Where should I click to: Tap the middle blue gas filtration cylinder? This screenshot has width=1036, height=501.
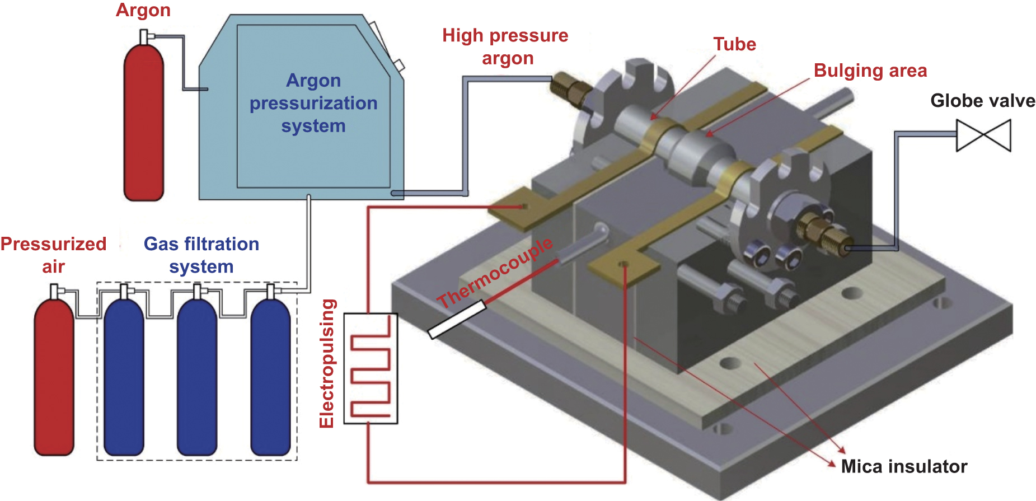pyautogui.click(x=196, y=375)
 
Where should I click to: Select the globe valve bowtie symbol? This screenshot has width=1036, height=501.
pyautogui.click(x=983, y=135)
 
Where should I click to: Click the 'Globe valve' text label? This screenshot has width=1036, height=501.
pyautogui.click(x=982, y=101)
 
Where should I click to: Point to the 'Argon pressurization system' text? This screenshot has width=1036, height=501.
pyautogui.click(x=313, y=104)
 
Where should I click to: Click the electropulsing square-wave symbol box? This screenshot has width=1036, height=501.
pyautogui.click(x=371, y=368)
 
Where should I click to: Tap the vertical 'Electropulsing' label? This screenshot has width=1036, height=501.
pyautogui.click(x=327, y=364)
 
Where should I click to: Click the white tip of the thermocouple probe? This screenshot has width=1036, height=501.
pyautogui.click(x=456, y=320)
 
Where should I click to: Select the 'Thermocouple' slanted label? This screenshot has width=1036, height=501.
pyautogui.click(x=495, y=273)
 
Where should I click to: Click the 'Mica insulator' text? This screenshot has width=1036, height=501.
pyautogui.click(x=904, y=466)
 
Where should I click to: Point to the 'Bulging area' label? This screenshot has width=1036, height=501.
pyautogui.click(x=870, y=71)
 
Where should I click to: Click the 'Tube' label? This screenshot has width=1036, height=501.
pyautogui.click(x=734, y=45)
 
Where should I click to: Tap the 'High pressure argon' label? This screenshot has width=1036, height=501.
pyautogui.click(x=505, y=47)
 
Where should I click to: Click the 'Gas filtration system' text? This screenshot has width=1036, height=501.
pyautogui.click(x=201, y=255)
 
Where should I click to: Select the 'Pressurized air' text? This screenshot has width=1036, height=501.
pyautogui.click(x=53, y=255)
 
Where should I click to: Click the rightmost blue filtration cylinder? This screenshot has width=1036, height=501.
pyautogui.click(x=270, y=375)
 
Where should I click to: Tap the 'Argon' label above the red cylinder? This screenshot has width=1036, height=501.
pyautogui.click(x=143, y=10)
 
